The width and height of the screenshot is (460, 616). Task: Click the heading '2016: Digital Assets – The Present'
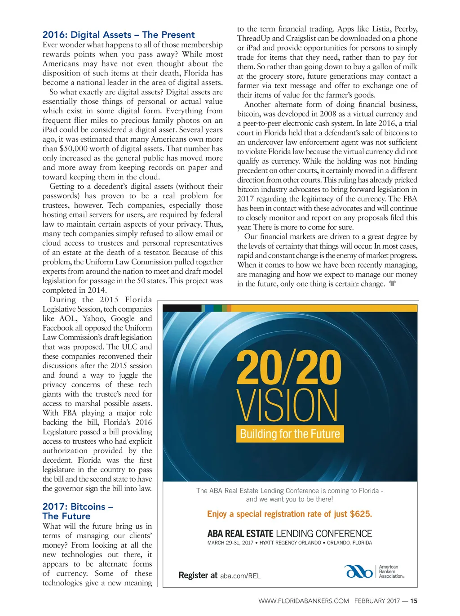[119, 35]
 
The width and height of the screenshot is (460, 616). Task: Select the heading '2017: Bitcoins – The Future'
[78, 511]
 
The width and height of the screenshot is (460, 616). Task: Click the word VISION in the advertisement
[287, 406]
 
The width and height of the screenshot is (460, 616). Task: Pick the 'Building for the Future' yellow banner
[290, 434]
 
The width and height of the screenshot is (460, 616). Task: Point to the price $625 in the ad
[361, 514]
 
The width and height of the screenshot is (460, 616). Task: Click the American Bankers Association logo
[374, 571]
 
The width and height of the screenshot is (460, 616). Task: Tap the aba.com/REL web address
[240, 576]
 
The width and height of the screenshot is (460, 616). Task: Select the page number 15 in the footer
[414, 601]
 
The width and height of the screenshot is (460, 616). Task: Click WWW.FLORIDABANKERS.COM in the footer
[304, 601]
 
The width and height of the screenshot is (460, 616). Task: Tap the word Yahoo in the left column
[95, 318]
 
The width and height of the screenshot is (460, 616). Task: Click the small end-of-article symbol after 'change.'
[392, 284]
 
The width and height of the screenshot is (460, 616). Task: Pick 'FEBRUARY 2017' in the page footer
[377, 601]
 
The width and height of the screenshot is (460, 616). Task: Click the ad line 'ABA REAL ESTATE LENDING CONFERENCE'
[290, 534]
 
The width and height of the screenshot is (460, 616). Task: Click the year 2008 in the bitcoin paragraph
[328, 114]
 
